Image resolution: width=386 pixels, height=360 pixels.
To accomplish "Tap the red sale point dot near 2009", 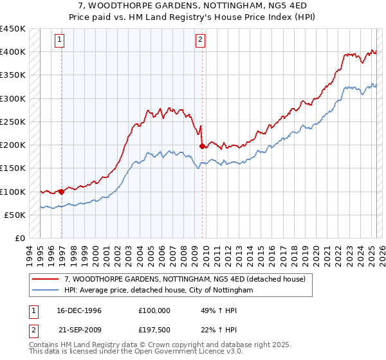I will click(x=202, y=147).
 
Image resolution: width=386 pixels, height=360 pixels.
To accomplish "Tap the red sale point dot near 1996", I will click(x=62, y=192).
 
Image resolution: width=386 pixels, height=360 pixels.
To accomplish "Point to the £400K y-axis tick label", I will click(x=14, y=52).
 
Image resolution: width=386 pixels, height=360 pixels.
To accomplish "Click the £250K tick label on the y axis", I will click(x=14, y=122).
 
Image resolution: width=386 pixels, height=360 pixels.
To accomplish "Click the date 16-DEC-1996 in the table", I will click(x=75, y=310).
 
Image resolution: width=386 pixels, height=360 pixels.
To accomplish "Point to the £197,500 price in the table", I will click(x=154, y=330).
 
